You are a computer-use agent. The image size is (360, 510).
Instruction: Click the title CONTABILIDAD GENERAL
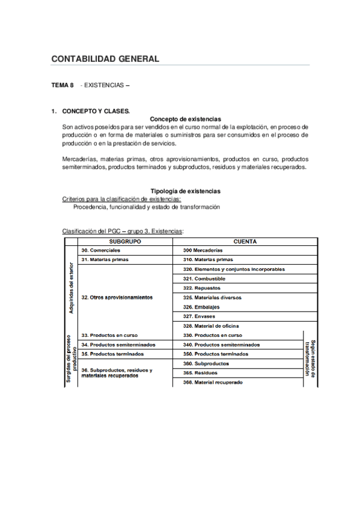(x=105, y=59)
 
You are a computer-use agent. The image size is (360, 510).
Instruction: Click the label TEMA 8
(x=63, y=86)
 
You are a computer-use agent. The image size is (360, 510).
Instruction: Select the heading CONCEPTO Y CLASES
(x=96, y=111)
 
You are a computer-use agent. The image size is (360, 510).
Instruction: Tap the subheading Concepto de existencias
(x=185, y=119)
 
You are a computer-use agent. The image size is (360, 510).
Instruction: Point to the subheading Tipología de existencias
(x=185, y=191)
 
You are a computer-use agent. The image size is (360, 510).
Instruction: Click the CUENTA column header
(x=245, y=241)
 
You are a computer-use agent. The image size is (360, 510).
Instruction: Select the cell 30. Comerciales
(x=101, y=250)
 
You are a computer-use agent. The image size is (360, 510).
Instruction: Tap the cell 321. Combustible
(x=204, y=279)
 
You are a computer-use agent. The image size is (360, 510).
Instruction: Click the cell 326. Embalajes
(x=203, y=307)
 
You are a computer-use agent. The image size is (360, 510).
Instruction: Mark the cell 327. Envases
(x=200, y=316)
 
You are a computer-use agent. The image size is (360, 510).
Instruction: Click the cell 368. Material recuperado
(x=213, y=382)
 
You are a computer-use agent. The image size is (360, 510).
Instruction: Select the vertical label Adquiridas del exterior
(x=72, y=287)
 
